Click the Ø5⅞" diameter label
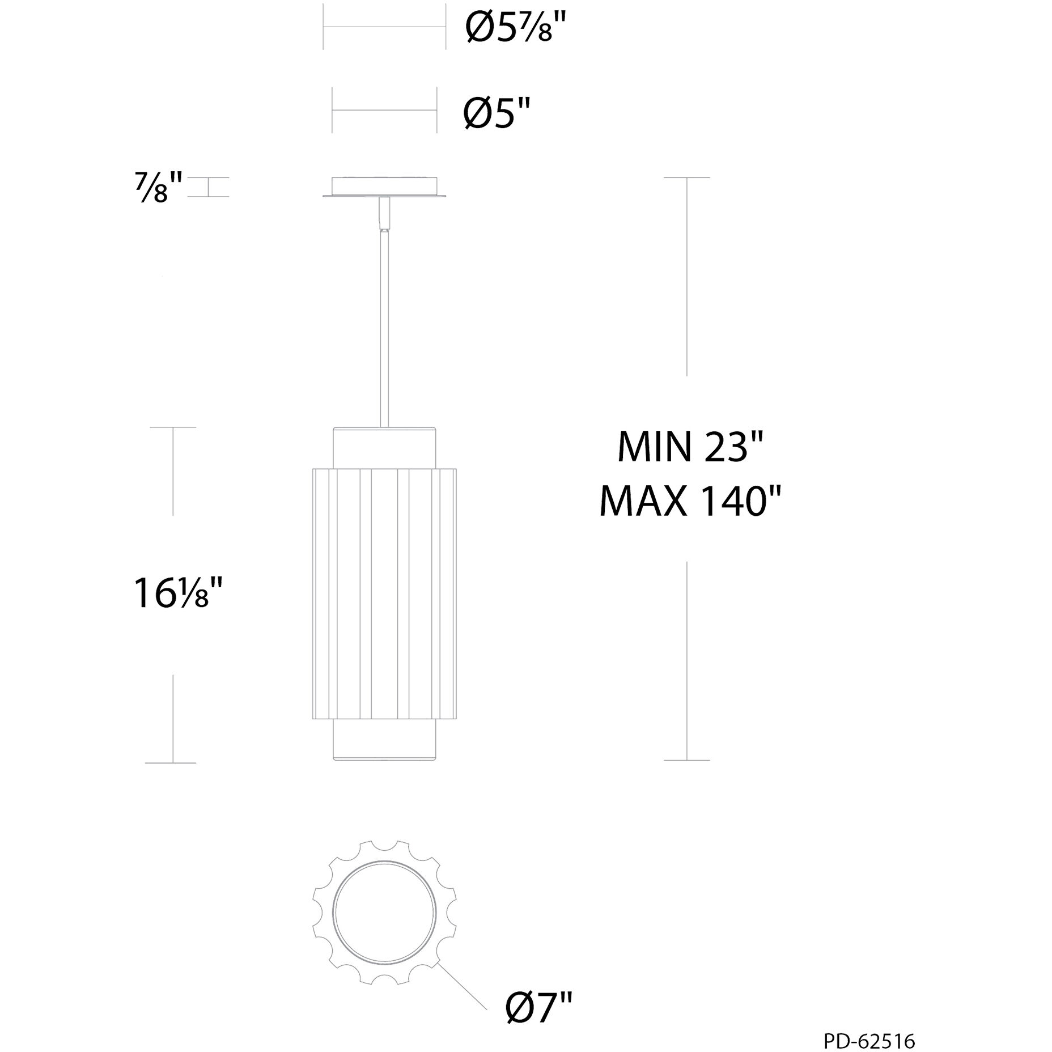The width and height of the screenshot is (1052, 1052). (515, 28)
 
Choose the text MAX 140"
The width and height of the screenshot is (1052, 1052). (691, 502)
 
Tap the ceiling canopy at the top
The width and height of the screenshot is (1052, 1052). (384, 187)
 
